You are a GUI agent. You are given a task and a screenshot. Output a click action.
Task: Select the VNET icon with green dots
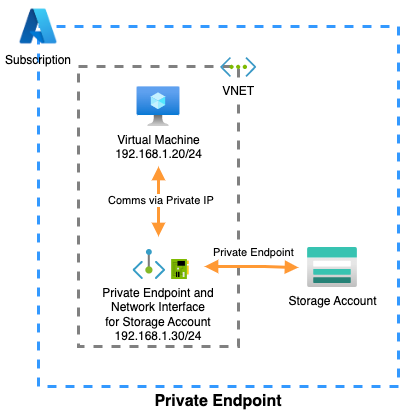(239, 68)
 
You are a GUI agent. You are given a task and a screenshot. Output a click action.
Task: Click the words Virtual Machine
(158, 139)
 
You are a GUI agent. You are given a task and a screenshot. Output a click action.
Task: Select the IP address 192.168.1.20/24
(158, 154)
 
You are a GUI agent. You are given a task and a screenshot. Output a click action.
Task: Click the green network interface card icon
(181, 268)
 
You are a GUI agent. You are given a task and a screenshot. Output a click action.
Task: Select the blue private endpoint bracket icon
(149, 267)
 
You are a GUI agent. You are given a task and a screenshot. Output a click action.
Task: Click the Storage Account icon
(331, 267)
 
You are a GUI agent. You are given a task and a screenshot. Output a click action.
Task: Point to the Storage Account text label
(332, 301)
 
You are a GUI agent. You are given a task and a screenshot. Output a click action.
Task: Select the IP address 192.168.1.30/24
(158, 338)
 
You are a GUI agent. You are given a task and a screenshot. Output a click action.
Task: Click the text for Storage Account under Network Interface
(158, 323)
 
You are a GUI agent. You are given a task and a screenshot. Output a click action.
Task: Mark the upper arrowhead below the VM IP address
(158, 174)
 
